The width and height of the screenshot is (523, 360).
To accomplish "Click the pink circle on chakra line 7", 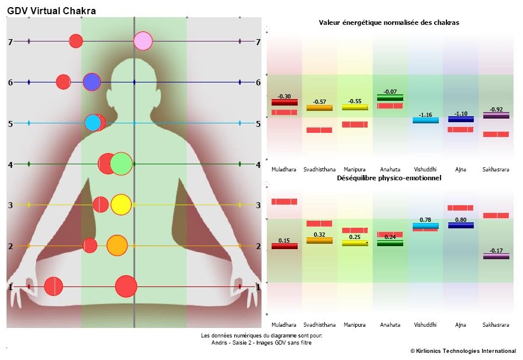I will tap(143, 41).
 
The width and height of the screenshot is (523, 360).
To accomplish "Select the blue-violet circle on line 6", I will tap(91, 82).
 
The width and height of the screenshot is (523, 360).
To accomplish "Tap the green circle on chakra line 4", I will tap(121, 164).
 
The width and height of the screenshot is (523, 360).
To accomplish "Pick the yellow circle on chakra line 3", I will tap(120, 205).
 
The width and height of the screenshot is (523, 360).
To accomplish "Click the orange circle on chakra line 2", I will tap(117, 245).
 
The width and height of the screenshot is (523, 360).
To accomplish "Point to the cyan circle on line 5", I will tap(93, 123).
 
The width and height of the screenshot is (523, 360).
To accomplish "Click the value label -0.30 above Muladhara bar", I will tap(285, 96).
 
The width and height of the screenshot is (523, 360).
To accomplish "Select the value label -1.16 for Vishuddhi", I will tap(425, 114).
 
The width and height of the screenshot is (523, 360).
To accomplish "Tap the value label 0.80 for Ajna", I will tap(460, 220).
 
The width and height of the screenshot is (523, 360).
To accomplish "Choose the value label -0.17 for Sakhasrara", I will tap(495, 250).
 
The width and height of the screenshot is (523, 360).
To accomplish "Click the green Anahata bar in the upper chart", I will tap(390, 98).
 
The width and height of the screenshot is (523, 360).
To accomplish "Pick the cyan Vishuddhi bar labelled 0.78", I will tap(425, 226).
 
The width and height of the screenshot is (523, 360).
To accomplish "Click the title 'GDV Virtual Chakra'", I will tap(51, 11).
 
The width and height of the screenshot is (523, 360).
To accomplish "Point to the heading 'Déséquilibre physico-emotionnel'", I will tap(388, 178).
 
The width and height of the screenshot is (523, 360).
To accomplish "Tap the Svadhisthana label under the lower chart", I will tap(319, 325).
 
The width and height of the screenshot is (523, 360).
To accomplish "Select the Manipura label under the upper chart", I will tap(355, 169).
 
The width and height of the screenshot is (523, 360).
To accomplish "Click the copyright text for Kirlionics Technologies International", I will tap(463, 351).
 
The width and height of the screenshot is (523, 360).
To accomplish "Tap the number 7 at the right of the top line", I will tap(258, 42).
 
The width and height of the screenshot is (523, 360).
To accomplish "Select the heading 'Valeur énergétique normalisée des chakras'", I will tap(388, 23).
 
